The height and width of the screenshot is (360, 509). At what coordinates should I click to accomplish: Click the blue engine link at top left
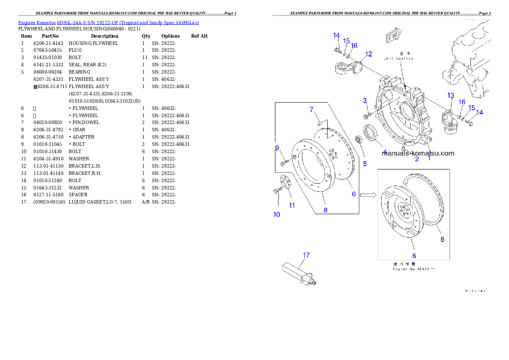[x=108, y=22]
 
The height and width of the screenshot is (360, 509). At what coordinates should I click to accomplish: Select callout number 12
[x=369, y=54]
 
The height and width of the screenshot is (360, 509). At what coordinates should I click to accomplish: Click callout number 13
[x=450, y=95]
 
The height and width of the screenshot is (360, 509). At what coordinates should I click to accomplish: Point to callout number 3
[x=365, y=100]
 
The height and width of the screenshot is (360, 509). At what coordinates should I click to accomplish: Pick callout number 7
[x=311, y=110]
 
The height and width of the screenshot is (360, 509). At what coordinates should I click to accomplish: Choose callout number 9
[x=277, y=148]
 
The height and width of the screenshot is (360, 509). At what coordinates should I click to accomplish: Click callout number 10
[x=277, y=214]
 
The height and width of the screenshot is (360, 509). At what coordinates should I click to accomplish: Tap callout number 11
[x=292, y=205]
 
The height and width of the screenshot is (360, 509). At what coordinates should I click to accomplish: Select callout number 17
[x=306, y=255]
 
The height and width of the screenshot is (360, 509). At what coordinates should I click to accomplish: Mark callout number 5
[x=364, y=163]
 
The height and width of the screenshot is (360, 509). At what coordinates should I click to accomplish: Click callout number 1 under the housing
[x=429, y=158]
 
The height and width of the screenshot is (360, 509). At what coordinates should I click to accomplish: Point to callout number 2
[x=417, y=159]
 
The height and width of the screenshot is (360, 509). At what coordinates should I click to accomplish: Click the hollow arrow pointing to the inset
[x=367, y=195]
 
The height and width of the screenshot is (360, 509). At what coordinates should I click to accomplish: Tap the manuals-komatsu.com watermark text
[x=418, y=153]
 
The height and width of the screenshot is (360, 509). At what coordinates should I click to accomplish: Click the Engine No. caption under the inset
[x=414, y=269]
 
